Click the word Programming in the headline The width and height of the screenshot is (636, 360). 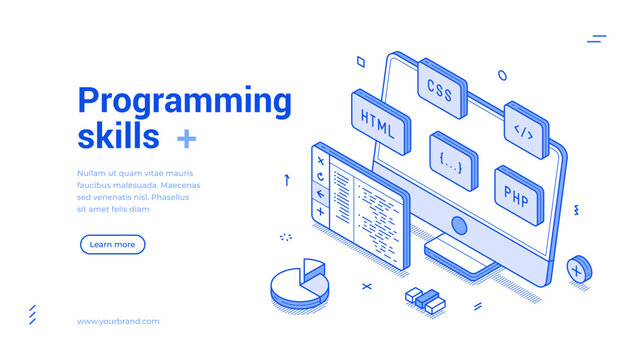point(184,101)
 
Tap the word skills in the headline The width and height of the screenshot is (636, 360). point(118,135)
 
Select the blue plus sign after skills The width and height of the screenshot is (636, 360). point(186,137)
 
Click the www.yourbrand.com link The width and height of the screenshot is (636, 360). point(118,321)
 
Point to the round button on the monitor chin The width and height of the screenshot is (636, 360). point(459,224)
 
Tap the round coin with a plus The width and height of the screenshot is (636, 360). point(577,269)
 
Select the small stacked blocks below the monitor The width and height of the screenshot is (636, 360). point(425,299)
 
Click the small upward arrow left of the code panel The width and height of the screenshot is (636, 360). point(287,180)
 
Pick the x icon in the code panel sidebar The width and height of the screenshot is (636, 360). point(320,160)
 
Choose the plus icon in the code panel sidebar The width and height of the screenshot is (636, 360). point(320,211)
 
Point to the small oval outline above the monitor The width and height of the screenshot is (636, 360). point(501,74)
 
